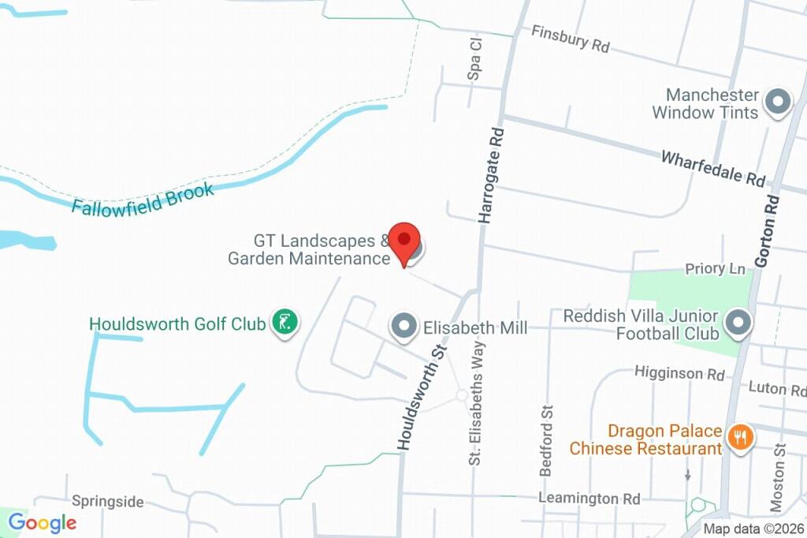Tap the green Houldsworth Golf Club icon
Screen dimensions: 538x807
point(284,322)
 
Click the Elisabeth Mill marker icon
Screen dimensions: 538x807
point(404,327)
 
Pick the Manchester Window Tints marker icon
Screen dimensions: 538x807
point(778,103)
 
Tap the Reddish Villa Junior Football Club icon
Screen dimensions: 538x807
point(738,323)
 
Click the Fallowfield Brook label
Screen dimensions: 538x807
point(143,198)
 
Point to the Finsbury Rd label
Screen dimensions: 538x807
point(571,38)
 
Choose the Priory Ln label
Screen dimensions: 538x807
point(715,269)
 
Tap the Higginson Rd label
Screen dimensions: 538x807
point(679,372)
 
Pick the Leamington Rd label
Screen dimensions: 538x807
point(589,499)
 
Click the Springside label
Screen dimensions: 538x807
point(108,502)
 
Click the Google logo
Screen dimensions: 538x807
point(42,522)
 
